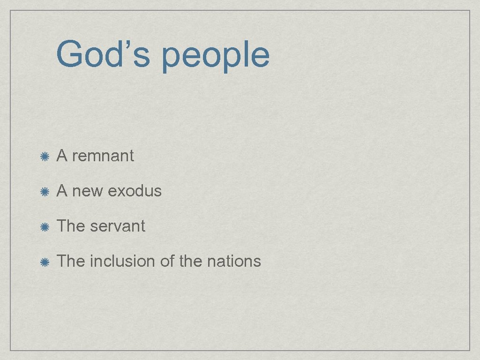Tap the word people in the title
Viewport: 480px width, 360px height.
216,56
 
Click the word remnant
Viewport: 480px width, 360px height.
103,156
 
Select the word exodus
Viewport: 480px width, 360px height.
135,191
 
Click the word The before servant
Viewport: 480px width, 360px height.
71,226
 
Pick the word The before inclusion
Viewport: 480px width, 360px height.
71,261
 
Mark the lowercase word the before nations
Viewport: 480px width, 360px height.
190,261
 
